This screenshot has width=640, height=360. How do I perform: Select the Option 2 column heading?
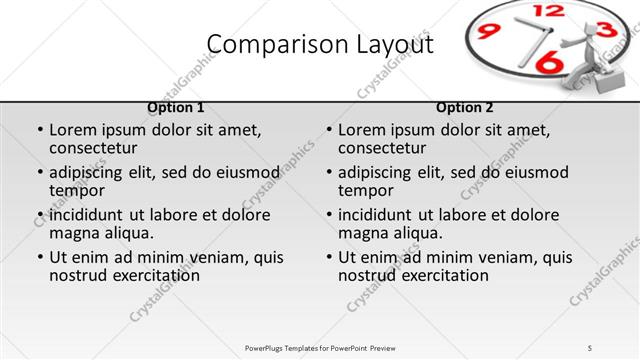465,107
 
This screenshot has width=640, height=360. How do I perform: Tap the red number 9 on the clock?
489,32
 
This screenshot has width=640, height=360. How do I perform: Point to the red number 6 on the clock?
548,63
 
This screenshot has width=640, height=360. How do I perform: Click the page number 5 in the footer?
590,347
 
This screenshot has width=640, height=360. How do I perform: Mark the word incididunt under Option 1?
88,215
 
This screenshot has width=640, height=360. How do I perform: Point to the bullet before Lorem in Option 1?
40,130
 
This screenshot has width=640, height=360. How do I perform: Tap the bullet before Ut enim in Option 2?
329,257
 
